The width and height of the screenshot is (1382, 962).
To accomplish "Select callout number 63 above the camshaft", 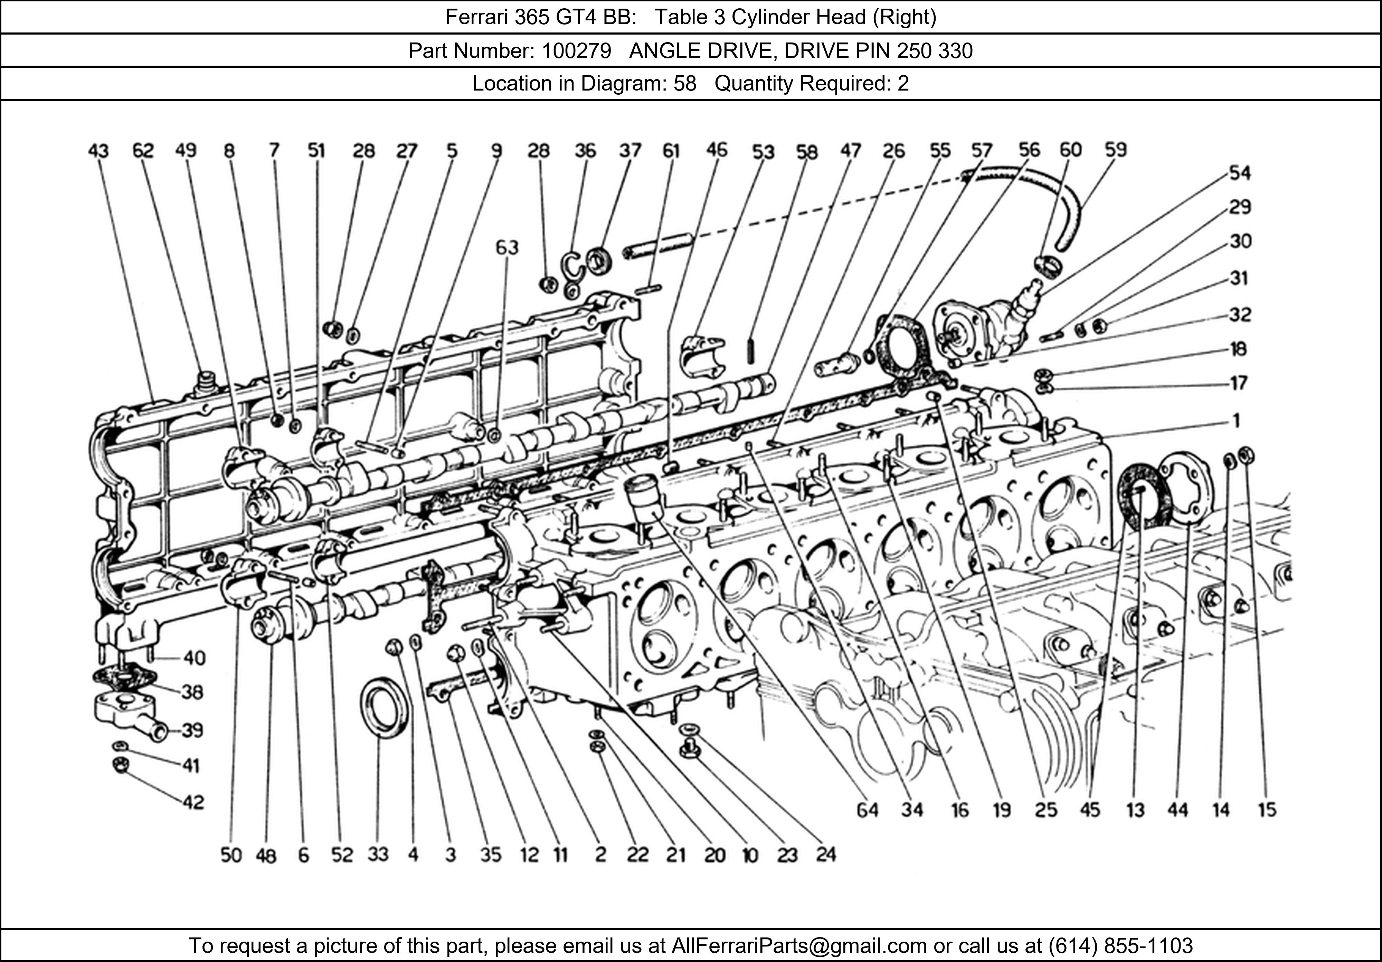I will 507,247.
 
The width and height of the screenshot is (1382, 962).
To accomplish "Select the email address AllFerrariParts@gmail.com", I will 799,946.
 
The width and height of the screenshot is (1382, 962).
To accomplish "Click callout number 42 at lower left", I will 193,802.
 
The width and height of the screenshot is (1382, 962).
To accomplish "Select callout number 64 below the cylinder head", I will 867,810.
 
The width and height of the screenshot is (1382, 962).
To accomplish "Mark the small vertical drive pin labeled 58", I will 751,350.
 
